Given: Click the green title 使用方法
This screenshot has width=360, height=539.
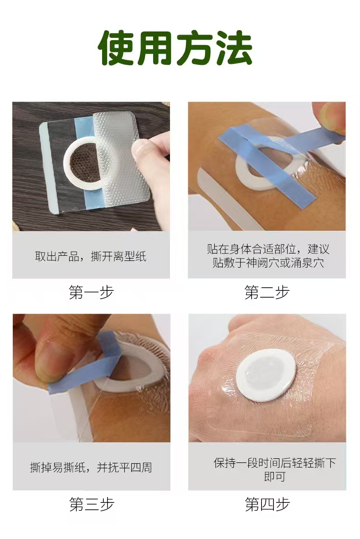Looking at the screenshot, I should (176, 48).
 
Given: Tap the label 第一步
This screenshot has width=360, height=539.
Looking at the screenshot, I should (91, 292).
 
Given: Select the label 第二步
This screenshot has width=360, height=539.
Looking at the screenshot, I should (267, 292).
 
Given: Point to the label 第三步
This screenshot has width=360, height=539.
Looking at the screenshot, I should (91, 504).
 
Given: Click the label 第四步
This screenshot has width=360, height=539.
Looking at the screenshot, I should (267, 504).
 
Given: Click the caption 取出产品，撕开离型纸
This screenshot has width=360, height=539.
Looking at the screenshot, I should (91, 256).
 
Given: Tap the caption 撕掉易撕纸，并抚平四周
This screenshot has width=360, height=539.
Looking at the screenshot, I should (91, 467).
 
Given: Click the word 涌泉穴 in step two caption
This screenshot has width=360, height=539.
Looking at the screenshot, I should (308, 263).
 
